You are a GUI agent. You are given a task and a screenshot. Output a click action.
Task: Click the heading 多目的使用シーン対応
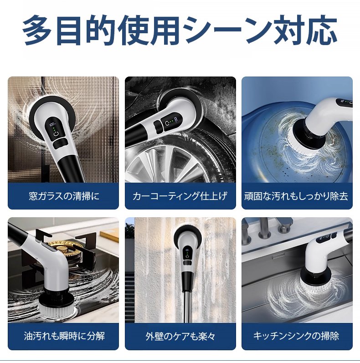point(180,31)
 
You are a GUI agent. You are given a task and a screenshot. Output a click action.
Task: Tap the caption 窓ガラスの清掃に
point(64,196)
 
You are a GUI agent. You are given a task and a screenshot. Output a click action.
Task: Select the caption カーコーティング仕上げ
point(180,196)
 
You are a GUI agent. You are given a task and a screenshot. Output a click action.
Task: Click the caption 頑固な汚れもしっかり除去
point(296,196)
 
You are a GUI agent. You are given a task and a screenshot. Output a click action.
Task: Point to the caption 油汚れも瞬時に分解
point(64,336)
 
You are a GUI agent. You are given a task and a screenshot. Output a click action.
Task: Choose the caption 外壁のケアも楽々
point(180,336)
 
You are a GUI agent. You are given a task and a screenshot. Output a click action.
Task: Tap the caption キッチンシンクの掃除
point(296,336)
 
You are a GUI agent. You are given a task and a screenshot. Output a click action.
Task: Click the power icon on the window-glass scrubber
point(56,134)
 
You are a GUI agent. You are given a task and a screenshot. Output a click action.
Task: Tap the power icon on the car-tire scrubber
point(167,123)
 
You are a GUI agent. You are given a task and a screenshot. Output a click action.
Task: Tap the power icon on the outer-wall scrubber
point(187,256)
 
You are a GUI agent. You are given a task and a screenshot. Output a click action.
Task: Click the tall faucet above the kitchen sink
point(262,229)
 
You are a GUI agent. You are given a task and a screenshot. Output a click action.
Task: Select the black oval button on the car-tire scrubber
point(158,127)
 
